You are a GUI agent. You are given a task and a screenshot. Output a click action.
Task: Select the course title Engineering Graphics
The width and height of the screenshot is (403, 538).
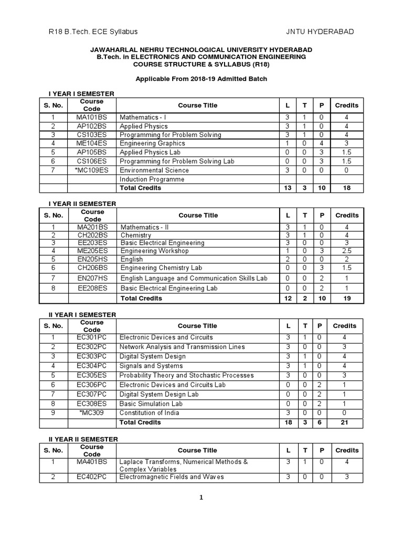[x=152, y=143]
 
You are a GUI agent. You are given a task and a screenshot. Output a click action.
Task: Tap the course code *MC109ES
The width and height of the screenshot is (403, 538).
[x=92, y=170]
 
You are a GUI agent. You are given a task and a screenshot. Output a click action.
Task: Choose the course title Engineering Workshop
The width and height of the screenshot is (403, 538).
[x=154, y=251]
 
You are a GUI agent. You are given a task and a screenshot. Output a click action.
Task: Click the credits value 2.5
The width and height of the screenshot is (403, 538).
[x=346, y=251]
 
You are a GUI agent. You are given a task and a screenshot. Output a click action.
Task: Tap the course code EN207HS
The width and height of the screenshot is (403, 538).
[x=92, y=278]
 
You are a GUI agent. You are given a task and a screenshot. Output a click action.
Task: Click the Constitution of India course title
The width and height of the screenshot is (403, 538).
[x=149, y=413]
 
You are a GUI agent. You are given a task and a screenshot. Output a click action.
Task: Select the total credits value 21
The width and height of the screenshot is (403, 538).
[x=345, y=422]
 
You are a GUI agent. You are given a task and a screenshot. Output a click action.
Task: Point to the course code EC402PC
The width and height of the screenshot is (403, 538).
[x=92, y=477]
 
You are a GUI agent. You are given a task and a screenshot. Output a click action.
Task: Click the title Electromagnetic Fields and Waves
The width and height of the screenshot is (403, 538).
[x=172, y=477]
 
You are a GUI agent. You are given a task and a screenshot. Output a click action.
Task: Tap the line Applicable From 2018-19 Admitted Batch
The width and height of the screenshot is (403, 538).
[x=201, y=79]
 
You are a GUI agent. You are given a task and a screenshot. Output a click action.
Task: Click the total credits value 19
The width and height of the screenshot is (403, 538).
[x=346, y=298]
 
